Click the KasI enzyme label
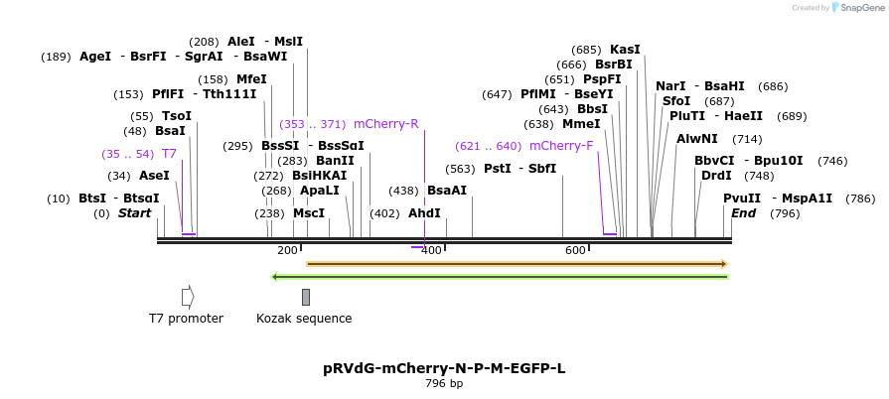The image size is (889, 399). point(625,49)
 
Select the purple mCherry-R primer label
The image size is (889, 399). point(385,124)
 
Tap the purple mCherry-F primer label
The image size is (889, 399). point(561,146)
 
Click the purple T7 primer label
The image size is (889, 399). point(169,154)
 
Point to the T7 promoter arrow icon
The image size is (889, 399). point(188,297)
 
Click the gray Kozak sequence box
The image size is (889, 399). point(306,297)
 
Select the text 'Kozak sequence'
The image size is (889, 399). point(304,319)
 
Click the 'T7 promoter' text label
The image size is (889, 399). point(186,319)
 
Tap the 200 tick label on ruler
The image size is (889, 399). point(287,250)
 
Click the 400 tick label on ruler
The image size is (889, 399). point(431,250)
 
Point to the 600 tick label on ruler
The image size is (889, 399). point(575,250)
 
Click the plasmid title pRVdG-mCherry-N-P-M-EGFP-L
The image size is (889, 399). point(444,368)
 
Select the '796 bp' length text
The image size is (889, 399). point(444,383)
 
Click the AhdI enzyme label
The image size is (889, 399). point(424,212)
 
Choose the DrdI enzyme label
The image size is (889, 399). point(716,176)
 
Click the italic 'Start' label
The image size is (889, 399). point(134,212)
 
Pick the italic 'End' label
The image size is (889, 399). point(743,212)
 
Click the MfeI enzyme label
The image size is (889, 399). point(251,79)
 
